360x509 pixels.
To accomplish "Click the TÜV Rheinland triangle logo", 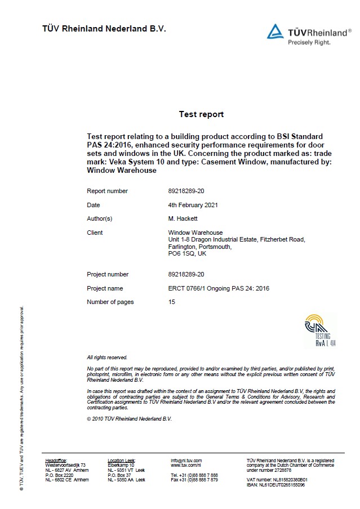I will coord(275,32).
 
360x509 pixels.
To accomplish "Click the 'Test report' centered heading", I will coord(201,114).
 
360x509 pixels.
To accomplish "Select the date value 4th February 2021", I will coord(194,205).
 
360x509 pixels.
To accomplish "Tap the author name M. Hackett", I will coord(183,218).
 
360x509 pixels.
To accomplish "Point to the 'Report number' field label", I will coord(107,191).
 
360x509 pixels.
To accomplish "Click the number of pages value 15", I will coord(172,302).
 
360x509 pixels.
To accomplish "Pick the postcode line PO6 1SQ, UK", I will coord(187,253).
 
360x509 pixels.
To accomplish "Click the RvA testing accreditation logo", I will coord(320,331).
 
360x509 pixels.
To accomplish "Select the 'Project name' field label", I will coord(105,288).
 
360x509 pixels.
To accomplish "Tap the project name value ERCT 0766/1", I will coord(219,288).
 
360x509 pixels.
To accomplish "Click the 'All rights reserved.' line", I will coord(107,358).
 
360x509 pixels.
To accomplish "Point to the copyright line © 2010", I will coord(129,419).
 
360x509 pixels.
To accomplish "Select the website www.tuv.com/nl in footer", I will coord(186,465).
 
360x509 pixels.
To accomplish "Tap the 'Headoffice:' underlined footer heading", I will coord(56,461).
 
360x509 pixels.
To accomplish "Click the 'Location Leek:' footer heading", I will coord(121,461).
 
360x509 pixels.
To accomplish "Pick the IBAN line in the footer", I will coord(275,484).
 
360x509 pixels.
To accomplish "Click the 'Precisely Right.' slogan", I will coord(309,42).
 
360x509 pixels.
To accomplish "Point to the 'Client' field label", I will coord(95,233).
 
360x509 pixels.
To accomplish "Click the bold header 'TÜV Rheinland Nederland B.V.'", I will coord(104,29).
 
